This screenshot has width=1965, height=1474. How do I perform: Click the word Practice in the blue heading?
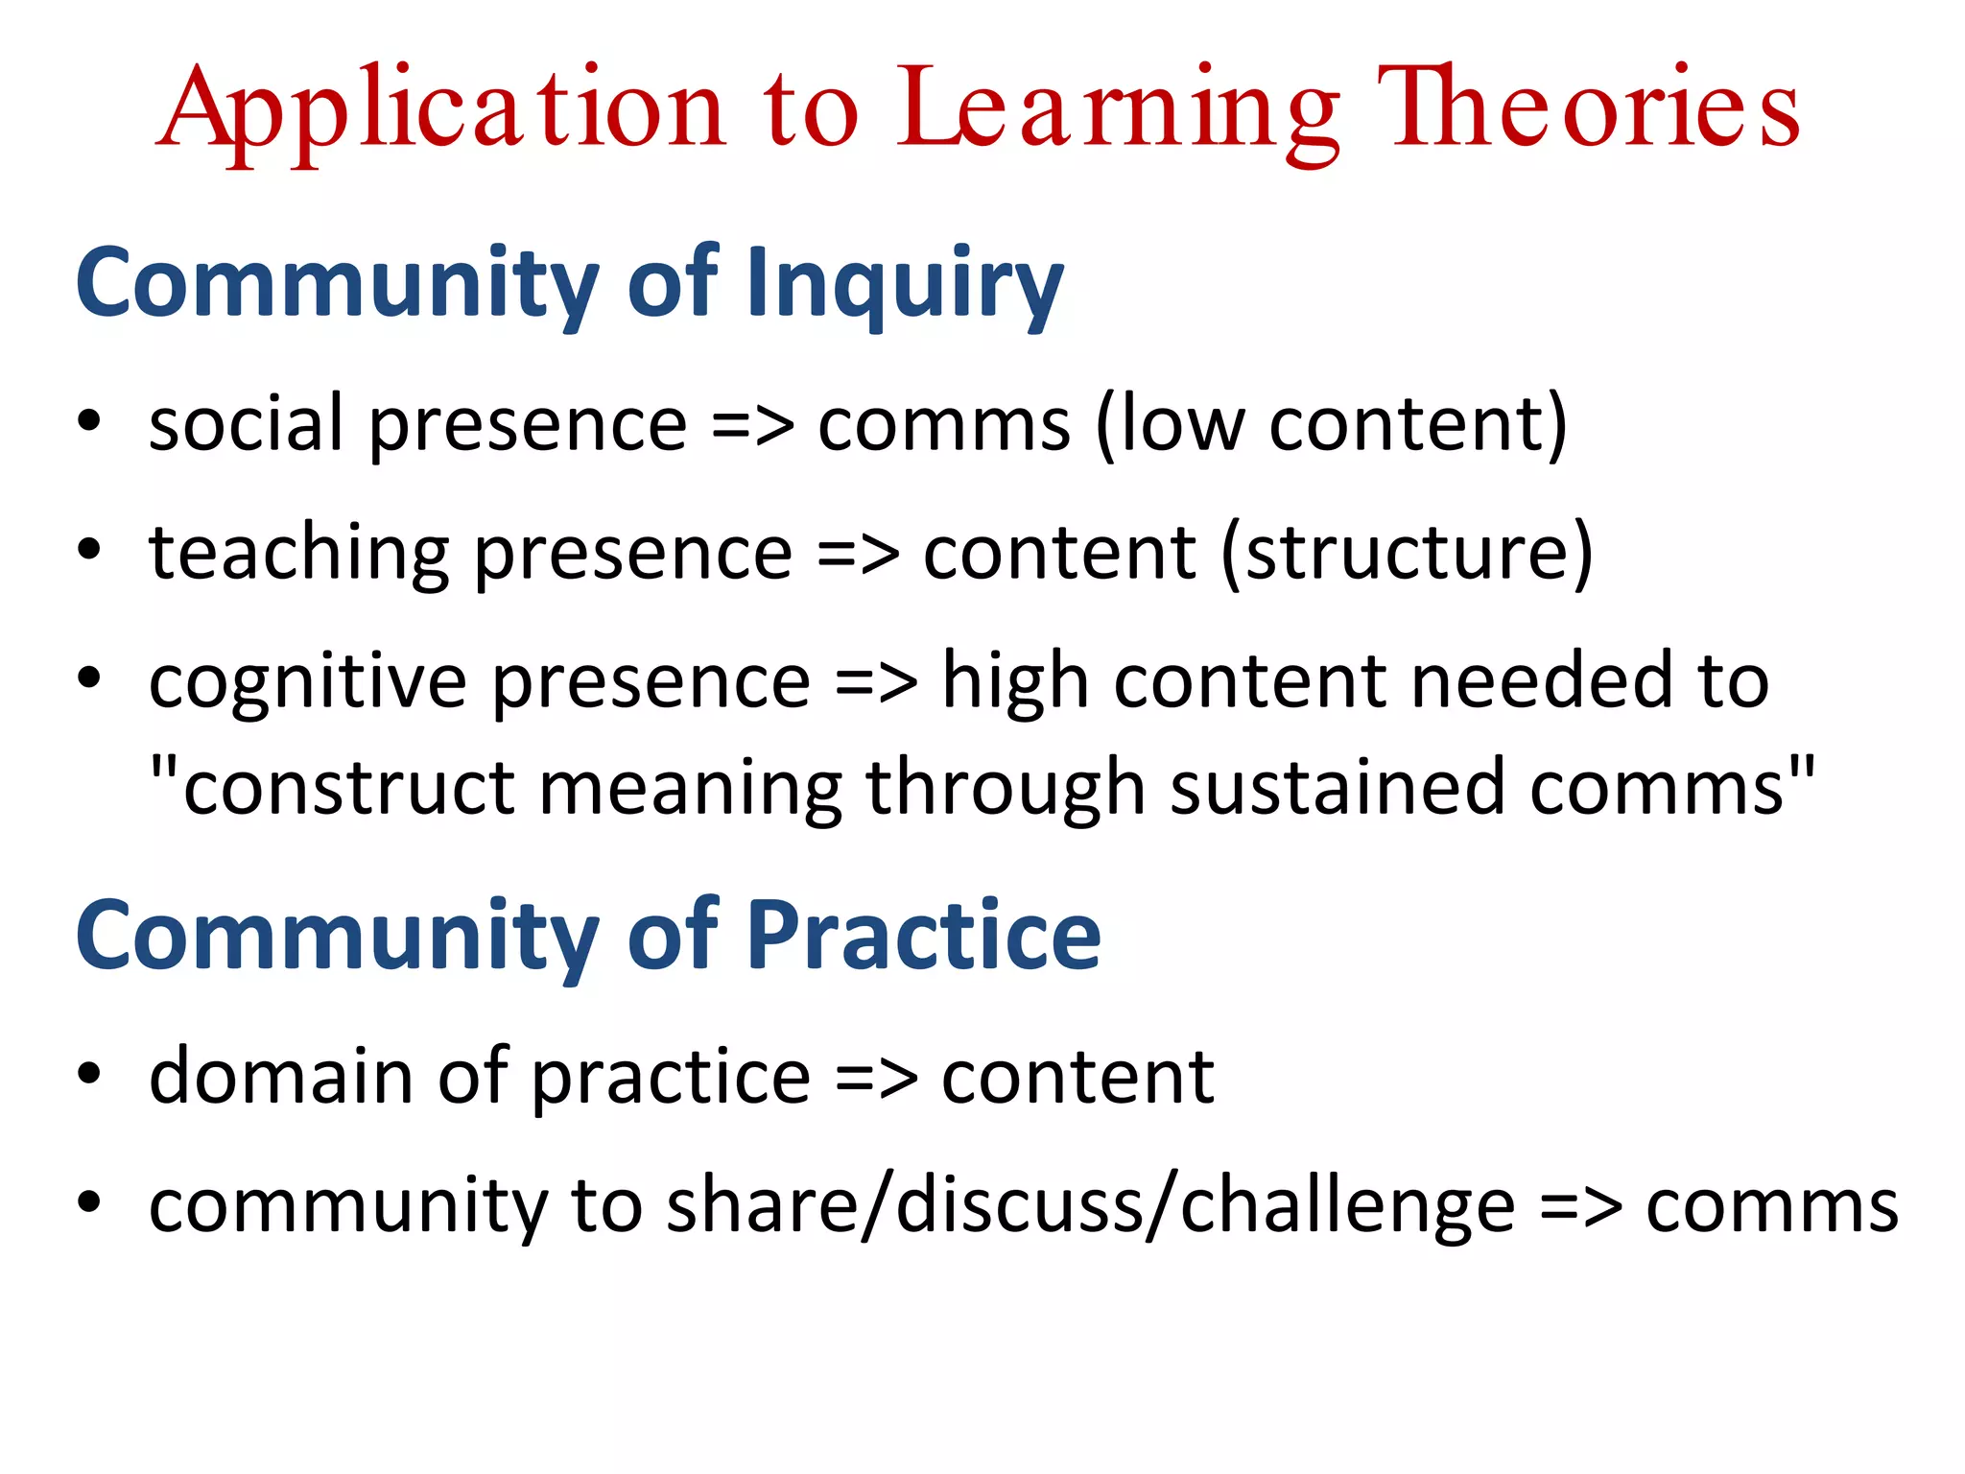tap(923, 936)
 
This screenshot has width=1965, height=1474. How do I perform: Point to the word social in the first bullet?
tap(246, 423)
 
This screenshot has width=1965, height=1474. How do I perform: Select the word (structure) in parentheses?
tap(1407, 553)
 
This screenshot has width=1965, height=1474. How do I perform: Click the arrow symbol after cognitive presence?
tap(875, 682)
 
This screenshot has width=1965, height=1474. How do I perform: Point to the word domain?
tap(280, 1076)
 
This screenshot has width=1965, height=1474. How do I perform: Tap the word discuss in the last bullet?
tap(1019, 1204)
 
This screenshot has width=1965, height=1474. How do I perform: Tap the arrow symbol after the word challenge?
tap(1580, 1205)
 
